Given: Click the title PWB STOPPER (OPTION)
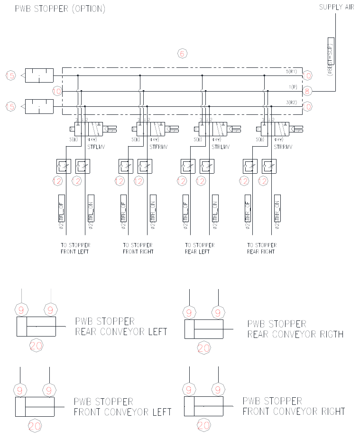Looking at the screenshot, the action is coord(60,9).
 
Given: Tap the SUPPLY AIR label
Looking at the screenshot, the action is coord(337,7).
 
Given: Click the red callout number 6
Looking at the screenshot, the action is coord(182,53).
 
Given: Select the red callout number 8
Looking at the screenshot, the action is coord(307,91).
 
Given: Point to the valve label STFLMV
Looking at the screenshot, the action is coord(96,147).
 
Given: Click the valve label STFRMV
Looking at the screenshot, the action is coord(158,147).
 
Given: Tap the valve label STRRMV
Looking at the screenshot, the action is coord(283,147).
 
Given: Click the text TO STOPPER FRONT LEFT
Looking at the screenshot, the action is coord(75,248).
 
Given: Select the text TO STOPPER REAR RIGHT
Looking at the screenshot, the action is coord(262,248).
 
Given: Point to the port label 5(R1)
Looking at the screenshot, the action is coord(291,71).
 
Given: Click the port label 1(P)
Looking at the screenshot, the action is coord(293,87).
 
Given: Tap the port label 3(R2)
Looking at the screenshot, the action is coord(291,103).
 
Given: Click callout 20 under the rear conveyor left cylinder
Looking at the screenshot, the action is coord(37,346).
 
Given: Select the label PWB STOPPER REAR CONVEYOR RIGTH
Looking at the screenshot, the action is coord(295,329).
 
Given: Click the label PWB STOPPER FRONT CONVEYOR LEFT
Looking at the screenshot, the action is coord(122,407).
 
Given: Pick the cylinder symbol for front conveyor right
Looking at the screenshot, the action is coord(204,406).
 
